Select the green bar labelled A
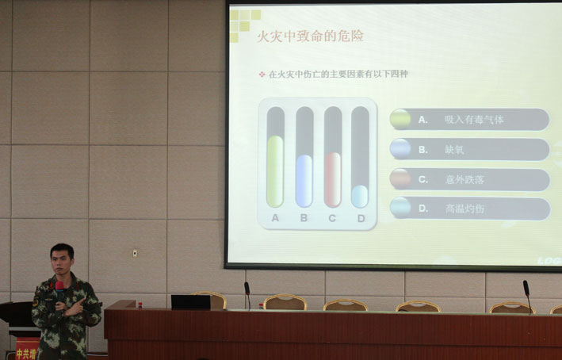pyautogui.click(x=275, y=171)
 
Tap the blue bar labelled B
pyautogui.click(x=304, y=181)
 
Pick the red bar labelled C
pyautogui.click(x=333, y=179)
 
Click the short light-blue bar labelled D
pyautogui.click(x=360, y=196)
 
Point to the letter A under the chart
pyautogui.click(x=275, y=218)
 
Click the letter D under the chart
pyautogui.click(x=361, y=218)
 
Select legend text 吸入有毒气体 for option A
pyautogui.click(x=474, y=120)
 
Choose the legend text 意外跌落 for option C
pyautogui.click(x=464, y=179)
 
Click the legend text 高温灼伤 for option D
pyautogui.click(x=464, y=209)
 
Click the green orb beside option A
pyautogui.click(x=400, y=119)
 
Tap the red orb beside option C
pyautogui.click(x=400, y=179)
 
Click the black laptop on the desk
pyautogui.click(x=190, y=302)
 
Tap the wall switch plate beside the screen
pyautogui.click(x=135, y=253)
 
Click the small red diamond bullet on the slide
pyautogui.click(x=262, y=74)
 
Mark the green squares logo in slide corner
pyautogui.click(x=244, y=23)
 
